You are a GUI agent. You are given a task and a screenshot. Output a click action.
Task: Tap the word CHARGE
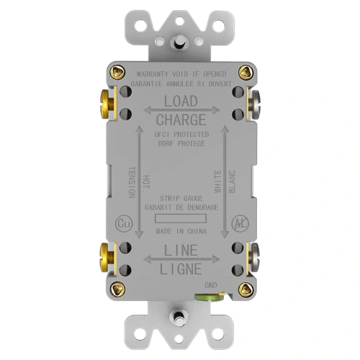(x=181, y=120)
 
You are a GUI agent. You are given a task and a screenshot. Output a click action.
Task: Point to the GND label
(x=210, y=286)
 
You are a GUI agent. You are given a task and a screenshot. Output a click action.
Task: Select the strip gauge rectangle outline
(x=181, y=217)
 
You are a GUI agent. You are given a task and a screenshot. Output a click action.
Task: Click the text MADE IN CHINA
(x=181, y=232)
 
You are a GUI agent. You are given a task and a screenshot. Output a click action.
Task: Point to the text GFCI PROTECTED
(x=181, y=135)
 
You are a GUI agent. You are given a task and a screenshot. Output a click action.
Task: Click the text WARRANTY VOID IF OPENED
(x=181, y=75)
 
